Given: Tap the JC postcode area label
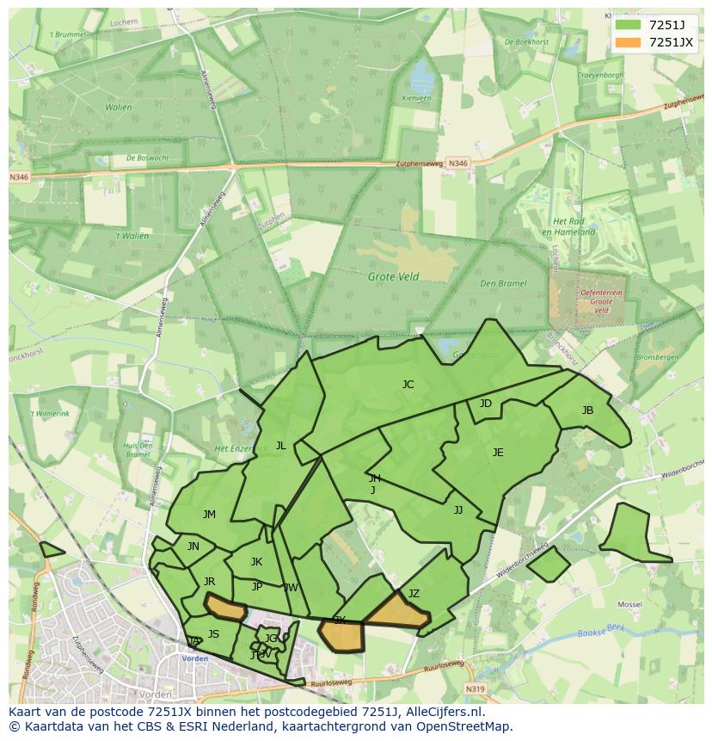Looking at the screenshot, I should [x=408, y=385].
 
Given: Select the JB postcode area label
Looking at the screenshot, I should [x=587, y=411].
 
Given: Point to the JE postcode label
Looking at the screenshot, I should [x=498, y=453].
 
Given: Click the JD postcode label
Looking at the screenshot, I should [x=486, y=404].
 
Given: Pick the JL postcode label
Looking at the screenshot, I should [x=280, y=446].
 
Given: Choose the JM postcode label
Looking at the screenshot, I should [x=209, y=515].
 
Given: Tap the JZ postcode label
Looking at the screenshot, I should [x=414, y=594].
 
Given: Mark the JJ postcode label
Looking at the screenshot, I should [x=458, y=510].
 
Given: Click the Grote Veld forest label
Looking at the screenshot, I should [x=393, y=277].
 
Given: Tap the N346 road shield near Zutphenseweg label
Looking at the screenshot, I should [x=459, y=163].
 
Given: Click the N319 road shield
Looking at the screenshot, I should [x=475, y=689].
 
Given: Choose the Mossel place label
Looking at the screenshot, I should [x=630, y=605].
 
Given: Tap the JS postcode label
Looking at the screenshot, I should [x=213, y=634].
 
